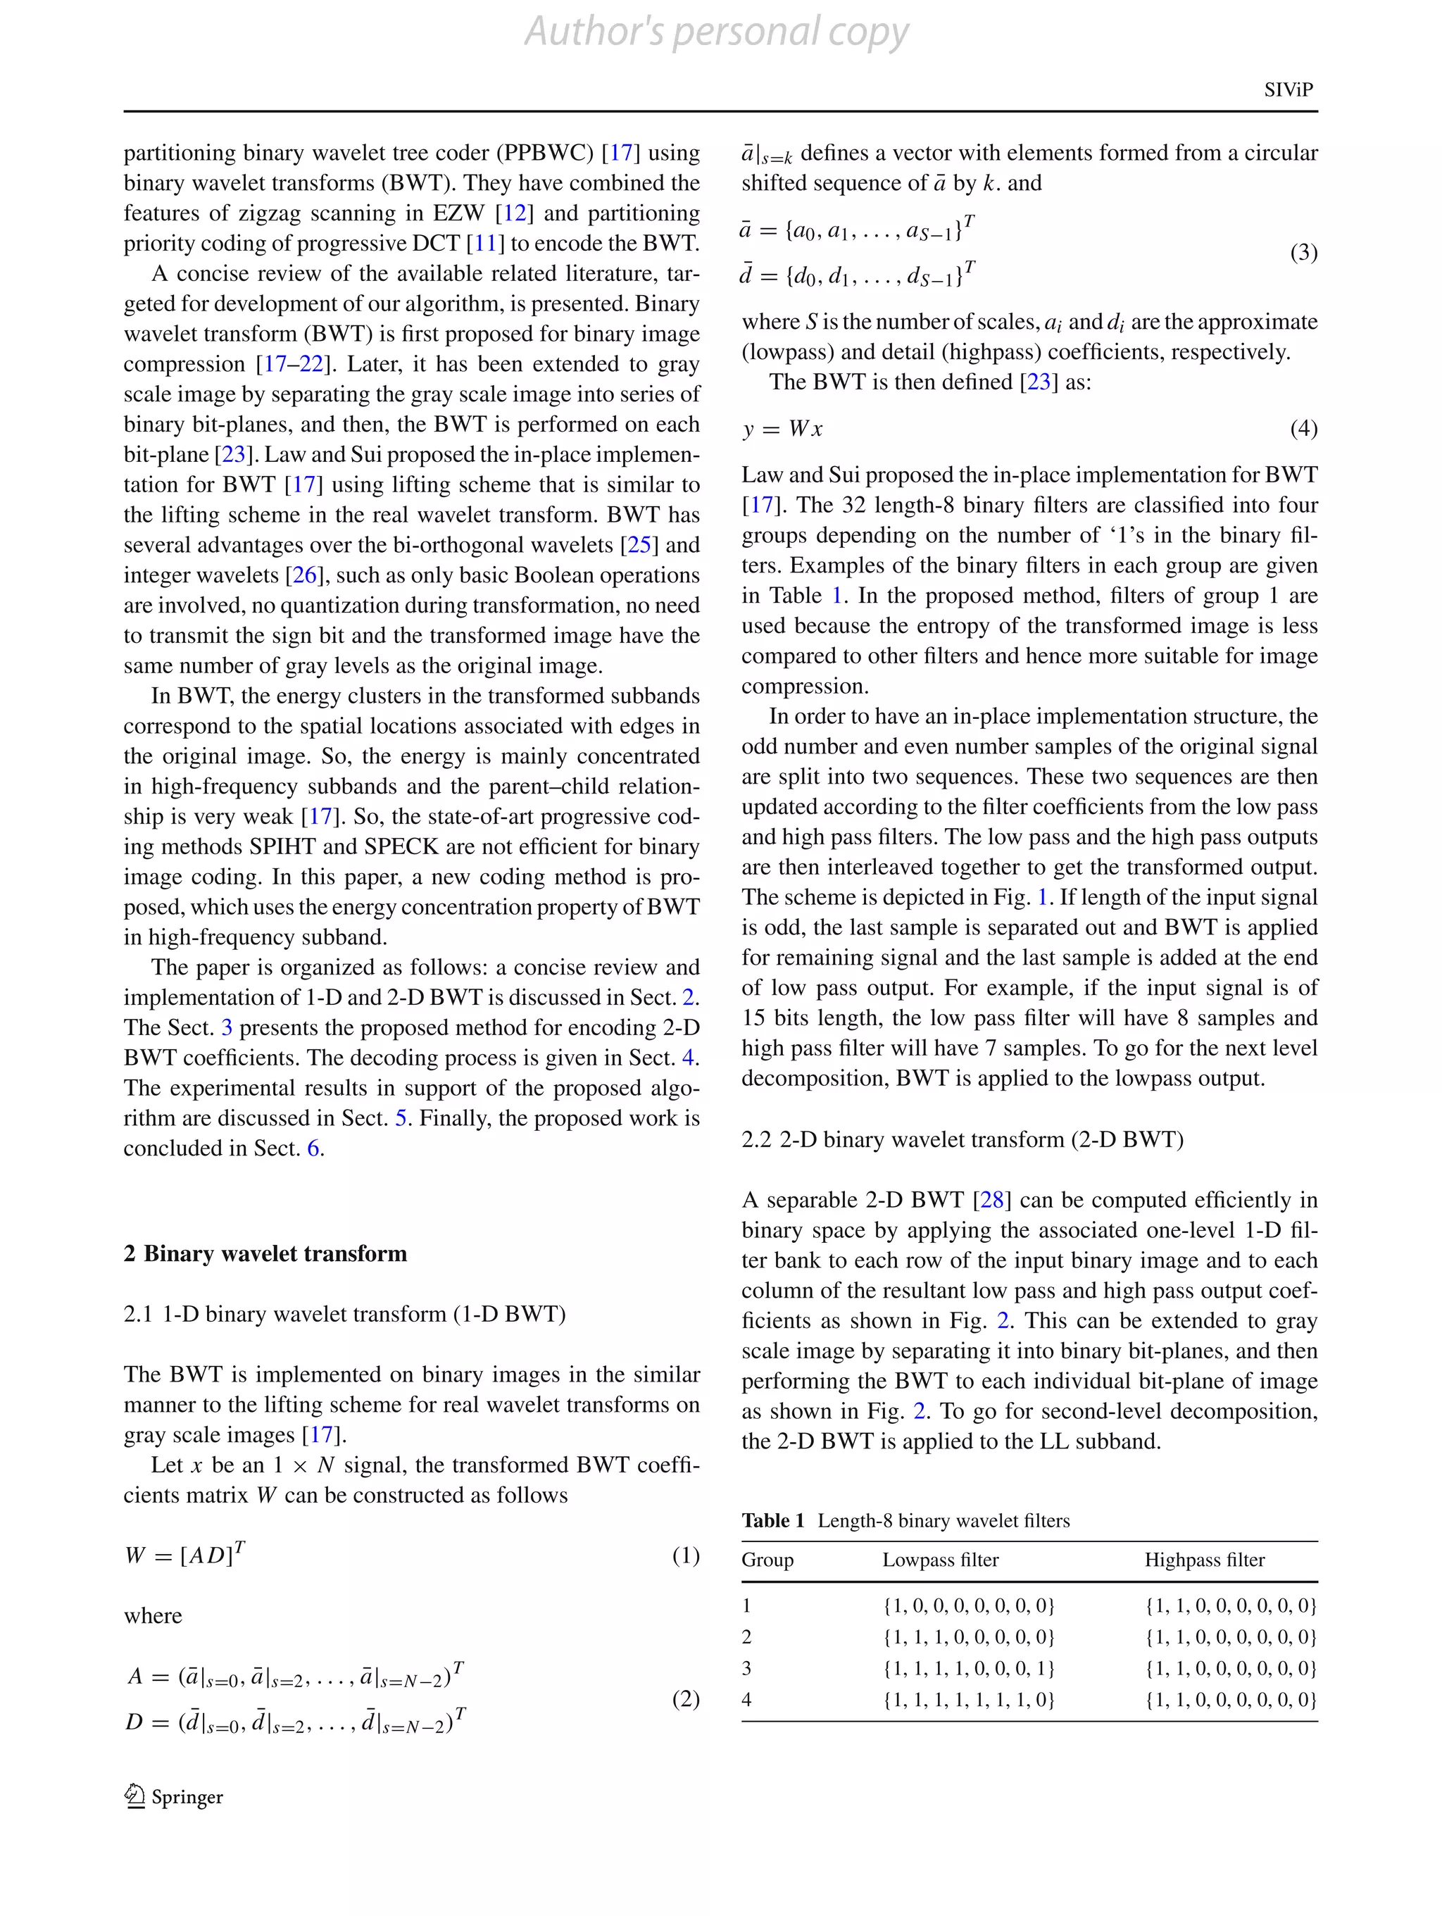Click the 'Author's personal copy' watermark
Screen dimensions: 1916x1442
(x=716, y=32)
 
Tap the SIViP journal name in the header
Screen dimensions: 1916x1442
(x=1288, y=90)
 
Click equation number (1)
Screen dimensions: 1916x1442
(x=685, y=1555)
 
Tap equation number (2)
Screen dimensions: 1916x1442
(x=685, y=1698)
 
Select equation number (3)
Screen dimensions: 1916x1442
(x=1303, y=253)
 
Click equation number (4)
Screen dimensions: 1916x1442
(x=1303, y=429)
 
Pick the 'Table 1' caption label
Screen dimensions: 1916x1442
(x=772, y=1521)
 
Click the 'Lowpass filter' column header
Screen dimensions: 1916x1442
(x=940, y=1560)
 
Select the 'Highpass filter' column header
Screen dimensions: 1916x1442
(x=1204, y=1560)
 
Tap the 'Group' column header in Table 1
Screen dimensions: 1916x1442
(x=767, y=1560)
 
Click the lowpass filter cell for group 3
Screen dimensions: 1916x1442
(x=968, y=1668)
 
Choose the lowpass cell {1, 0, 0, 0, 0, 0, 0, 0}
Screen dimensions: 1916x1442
(x=968, y=1606)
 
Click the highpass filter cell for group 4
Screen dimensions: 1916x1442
(x=1230, y=1699)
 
